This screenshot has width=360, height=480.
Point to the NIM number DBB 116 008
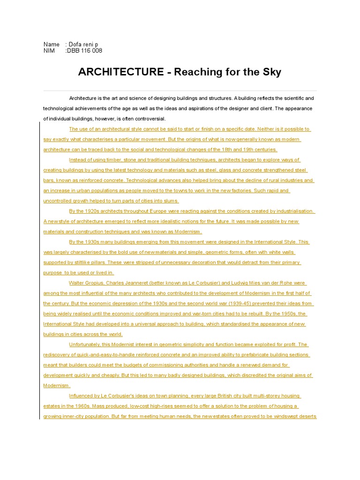tap(85, 51)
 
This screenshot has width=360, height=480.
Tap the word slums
tap(171, 201)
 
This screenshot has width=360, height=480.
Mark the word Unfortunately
tap(86, 345)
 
